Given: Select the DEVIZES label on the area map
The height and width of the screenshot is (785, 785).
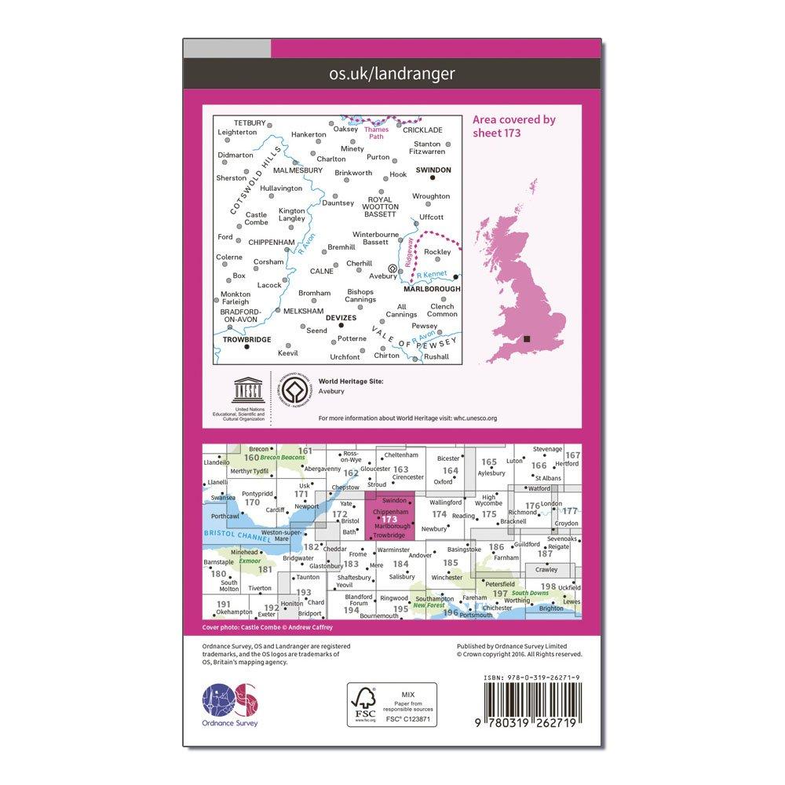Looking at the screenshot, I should pos(341,318).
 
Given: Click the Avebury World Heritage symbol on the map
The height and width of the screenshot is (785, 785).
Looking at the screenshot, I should pos(392,267).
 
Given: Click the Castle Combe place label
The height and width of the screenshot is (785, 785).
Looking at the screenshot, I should pos(256,218).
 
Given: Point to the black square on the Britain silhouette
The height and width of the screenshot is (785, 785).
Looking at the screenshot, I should pos(528,338).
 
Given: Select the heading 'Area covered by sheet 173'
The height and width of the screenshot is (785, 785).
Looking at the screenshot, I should pos(514,126).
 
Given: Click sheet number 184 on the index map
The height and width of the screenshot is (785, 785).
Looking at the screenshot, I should pos(401,564).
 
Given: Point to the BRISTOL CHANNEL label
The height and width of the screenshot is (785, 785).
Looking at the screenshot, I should pos(235,534).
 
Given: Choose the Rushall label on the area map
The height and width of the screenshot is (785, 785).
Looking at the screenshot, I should pos(436,356).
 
